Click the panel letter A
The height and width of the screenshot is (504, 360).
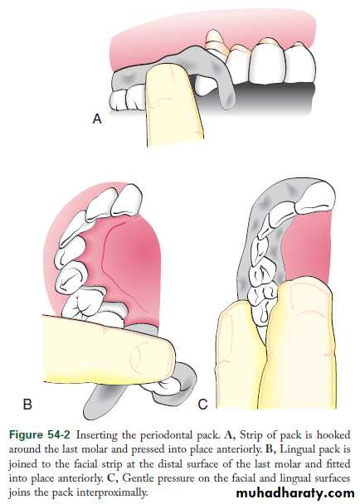click(97, 119)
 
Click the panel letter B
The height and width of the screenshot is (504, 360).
click(27, 404)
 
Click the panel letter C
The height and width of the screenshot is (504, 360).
click(202, 404)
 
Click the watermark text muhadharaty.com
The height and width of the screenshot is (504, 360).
click(295, 492)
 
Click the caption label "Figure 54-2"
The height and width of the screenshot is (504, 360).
click(39, 435)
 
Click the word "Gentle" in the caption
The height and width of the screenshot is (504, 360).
click(137, 478)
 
